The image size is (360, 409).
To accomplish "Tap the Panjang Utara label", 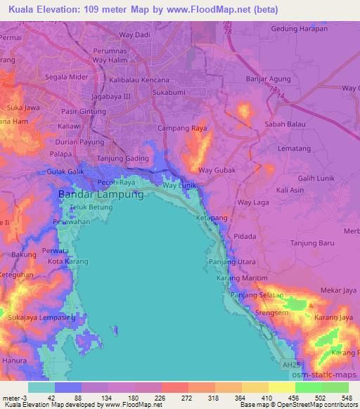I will click(233, 261).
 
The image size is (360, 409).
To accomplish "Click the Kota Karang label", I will click(65, 261).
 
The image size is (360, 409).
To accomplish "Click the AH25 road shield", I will click(290, 365).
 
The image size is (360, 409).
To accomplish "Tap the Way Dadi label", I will click(136, 34).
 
